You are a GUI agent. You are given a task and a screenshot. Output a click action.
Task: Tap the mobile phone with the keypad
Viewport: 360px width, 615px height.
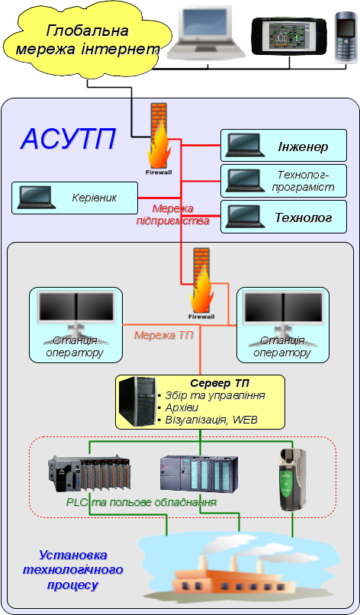pos(346,37)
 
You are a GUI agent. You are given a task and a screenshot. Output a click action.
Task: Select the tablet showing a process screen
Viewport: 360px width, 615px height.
pos(289,36)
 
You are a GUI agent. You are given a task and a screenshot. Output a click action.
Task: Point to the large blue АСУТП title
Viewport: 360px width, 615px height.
pos(68,139)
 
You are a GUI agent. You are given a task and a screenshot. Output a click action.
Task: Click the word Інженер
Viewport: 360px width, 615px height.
pos(303,147)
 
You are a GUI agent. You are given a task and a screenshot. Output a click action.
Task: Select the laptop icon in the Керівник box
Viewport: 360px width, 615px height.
pos(36,198)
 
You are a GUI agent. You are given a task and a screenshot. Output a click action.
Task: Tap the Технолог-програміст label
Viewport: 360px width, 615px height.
pos(303,180)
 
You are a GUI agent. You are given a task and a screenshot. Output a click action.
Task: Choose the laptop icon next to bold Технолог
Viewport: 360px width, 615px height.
pos(246,217)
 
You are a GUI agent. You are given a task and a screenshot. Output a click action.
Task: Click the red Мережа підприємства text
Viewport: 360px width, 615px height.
pos(172,214)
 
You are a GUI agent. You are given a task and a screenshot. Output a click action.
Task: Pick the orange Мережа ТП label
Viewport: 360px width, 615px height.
pos(163,335)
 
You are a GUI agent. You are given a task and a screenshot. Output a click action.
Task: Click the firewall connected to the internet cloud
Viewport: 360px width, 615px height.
pos(159,139)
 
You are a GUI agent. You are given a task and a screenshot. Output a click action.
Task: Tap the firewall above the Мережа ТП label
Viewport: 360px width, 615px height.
pos(201,284)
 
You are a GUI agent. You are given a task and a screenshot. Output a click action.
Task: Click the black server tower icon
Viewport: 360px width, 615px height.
pos(137,401)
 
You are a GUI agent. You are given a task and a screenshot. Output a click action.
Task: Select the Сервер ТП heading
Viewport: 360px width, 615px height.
pos(220,382)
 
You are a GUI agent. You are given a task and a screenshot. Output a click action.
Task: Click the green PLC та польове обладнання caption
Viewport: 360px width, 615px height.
pos(141,502)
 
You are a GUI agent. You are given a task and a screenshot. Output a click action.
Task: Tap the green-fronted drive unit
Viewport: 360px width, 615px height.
pos(292,479)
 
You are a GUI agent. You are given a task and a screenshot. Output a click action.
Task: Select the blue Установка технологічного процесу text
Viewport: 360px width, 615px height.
pos(73,570)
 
